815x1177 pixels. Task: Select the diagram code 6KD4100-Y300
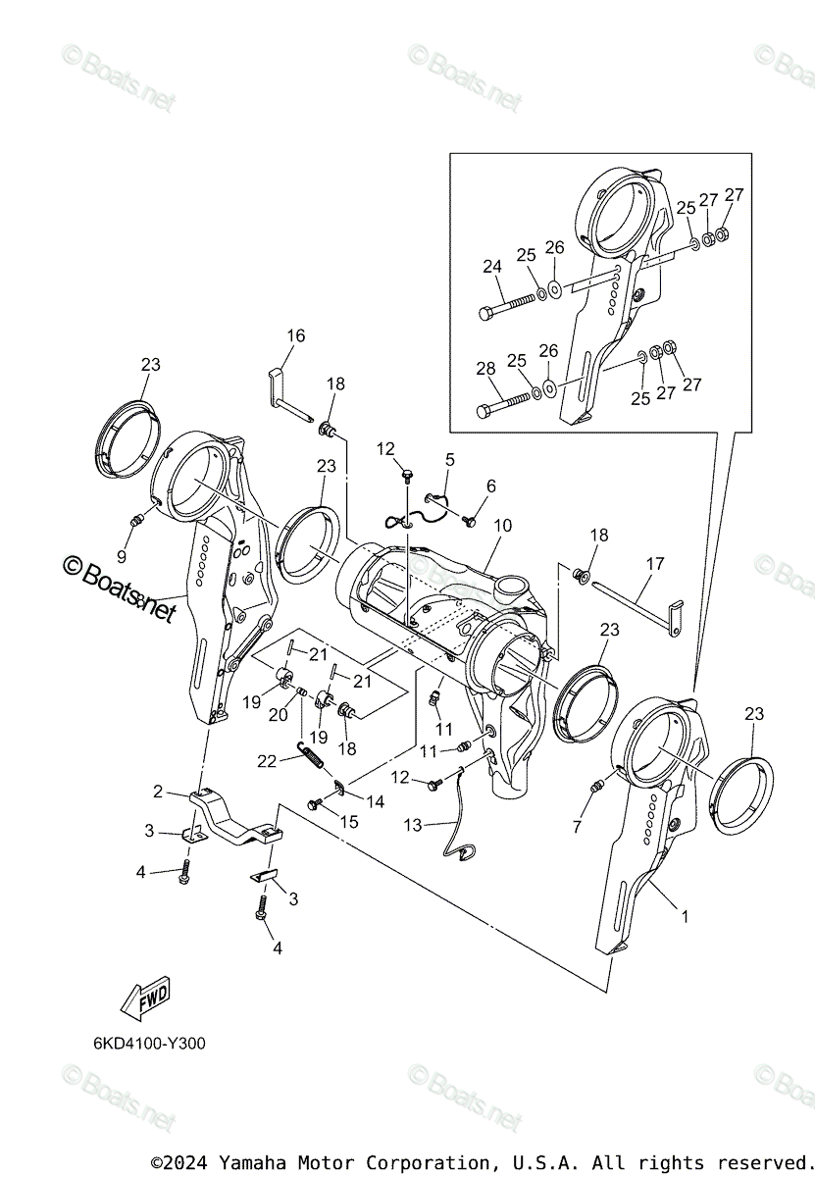point(151,1044)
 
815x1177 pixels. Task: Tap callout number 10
point(502,526)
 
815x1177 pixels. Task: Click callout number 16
point(295,336)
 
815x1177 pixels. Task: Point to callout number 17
point(654,564)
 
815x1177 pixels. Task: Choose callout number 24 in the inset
point(491,265)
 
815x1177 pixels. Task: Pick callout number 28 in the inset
point(486,370)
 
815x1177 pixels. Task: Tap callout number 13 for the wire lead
point(412,826)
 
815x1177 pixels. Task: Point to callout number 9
point(122,556)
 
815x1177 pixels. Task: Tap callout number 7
point(577,827)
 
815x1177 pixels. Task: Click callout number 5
point(450,459)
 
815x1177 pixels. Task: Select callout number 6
point(490,486)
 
